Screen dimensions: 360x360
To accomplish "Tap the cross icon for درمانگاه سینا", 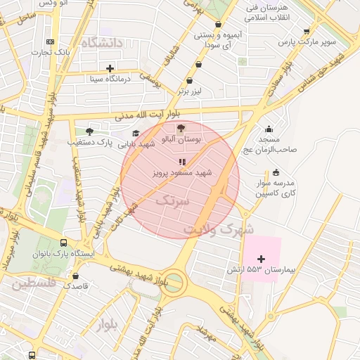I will point(110,68).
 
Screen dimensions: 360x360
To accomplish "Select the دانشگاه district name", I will point(102,44).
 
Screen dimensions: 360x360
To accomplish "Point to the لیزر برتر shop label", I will point(188,91).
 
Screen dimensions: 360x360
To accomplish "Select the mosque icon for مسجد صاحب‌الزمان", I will point(269,129).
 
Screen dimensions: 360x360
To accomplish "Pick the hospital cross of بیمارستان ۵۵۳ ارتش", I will point(262,259).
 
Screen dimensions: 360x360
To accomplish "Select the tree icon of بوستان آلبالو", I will point(182,128).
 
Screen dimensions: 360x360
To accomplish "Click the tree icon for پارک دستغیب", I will point(89,131).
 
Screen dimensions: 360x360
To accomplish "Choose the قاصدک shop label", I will point(75,286).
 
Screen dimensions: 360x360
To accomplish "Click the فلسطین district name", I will point(32,284).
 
